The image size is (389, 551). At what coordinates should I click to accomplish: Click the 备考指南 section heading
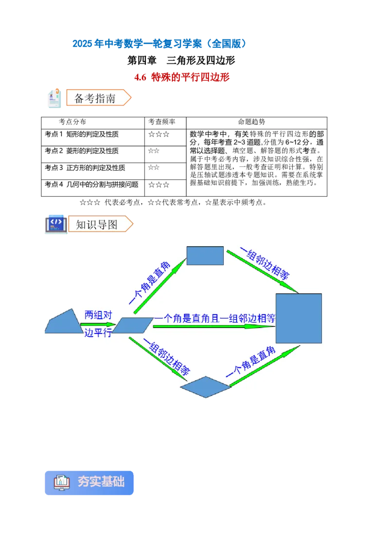pyautogui.click(x=95, y=98)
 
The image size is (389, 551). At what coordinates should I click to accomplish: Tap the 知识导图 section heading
pyautogui.click(x=97, y=224)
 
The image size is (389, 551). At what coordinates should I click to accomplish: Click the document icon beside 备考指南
pyautogui.click(x=54, y=98)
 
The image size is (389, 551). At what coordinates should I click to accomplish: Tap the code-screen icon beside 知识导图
pyautogui.click(x=55, y=224)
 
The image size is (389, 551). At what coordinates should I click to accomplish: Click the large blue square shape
pyautogui.click(x=299, y=318)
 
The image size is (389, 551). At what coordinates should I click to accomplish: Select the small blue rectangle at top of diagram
pyautogui.click(x=205, y=256)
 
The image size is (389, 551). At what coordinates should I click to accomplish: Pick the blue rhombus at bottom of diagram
pyautogui.click(x=205, y=387)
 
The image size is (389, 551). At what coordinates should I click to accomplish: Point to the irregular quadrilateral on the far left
pyautogui.click(x=64, y=323)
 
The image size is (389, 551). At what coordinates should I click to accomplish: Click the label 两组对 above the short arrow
pyautogui.click(x=98, y=315)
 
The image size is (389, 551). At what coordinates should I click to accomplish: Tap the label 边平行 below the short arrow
pyautogui.click(x=98, y=333)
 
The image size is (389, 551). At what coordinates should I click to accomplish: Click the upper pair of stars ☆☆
pyautogui.click(x=154, y=151)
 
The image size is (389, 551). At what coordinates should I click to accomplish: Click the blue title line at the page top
pyautogui.click(x=159, y=44)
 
